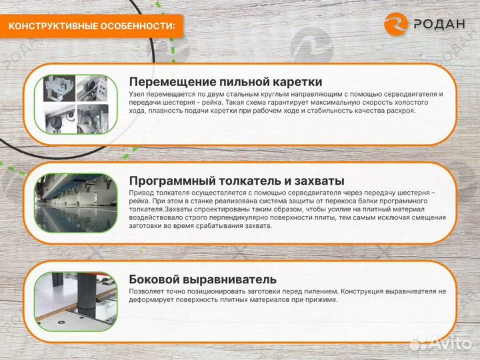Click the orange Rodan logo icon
[396, 25]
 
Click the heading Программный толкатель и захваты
[237, 181]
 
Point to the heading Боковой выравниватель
[203, 279]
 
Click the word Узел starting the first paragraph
[137, 94]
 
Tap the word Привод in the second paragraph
[141, 193]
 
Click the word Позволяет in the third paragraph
[148, 291]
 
